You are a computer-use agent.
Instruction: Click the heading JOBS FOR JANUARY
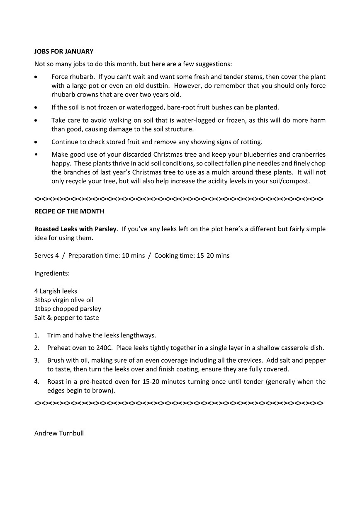pos(63,52)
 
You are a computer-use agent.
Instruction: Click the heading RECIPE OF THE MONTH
pos(69,211)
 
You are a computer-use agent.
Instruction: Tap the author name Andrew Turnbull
pos(59,434)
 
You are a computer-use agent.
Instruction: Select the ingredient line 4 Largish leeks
pos(56,291)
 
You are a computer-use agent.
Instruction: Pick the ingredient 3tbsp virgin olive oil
pos(63,300)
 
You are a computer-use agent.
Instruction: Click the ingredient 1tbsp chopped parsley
pos(68,309)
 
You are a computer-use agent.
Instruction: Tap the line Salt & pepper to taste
pos(66,318)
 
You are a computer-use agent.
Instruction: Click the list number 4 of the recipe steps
pos(36,382)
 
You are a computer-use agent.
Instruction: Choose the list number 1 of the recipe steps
pos(36,335)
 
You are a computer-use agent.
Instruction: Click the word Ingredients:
pos(52,274)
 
